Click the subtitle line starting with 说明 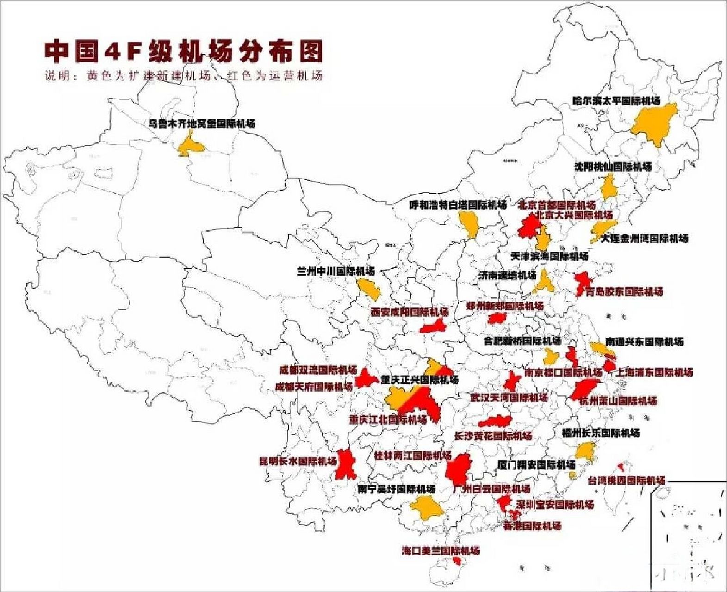(x=183, y=75)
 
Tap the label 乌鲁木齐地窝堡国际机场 (x=201, y=123)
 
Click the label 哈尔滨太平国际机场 (x=616, y=100)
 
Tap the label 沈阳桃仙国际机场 (x=613, y=166)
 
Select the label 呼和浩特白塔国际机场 (x=458, y=204)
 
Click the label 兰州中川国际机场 (x=336, y=271)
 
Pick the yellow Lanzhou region (x=370, y=289)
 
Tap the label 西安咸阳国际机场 (x=410, y=312)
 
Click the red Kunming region (x=346, y=464)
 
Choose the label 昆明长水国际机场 (x=298, y=461)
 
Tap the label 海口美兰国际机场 (x=441, y=550)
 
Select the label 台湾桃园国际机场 (x=626, y=481)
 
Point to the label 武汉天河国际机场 (x=509, y=397)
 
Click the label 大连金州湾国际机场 (x=644, y=238)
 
